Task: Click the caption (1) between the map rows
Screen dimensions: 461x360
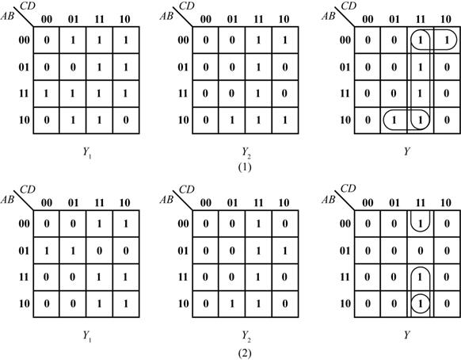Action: pyautogui.click(x=245, y=167)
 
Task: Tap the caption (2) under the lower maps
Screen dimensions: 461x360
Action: pyautogui.click(x=245, y=353)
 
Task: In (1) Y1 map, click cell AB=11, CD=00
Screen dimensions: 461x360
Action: pyautogui.click(x=47, y=94)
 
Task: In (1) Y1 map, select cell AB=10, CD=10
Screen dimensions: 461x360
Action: pyautogui.click(x=126, y=121)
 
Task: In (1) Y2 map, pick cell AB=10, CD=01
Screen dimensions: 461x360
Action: pyautogui.click(x=232, y=121)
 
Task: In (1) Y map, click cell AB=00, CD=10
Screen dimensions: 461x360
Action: pyautogui.click(x=447, y=40)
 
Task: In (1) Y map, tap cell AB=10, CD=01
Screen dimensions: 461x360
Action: pyautogui.click(x=394, y=121)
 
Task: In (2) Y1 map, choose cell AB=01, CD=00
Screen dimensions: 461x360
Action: pyautogui.click(x=47, y=251)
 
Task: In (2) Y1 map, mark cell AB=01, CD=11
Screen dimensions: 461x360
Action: pyautogui.click(x=99, y=251)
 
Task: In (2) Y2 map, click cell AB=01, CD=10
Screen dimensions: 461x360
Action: pyautogui.click(x=285, y=251)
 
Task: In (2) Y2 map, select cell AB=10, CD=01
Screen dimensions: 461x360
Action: pyautogui.click(x=232, y=304)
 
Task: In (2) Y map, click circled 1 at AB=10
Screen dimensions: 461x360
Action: pyautogui.click(x=421, y=304)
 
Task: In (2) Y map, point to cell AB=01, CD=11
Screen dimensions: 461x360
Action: pyautogui.click(x=421, y=251)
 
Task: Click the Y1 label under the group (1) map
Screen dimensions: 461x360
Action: pyautogui.click(x=87, y=152)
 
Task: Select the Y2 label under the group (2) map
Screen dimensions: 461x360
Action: pyautogui.click(x=246, y=336)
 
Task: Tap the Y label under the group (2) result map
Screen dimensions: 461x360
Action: pyautogui.click(x=407, y=335)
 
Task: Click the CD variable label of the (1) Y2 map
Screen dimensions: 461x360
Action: pyautogui.click(x=187, y=6)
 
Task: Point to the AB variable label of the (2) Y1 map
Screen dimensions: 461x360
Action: pyautogui.click(x=7, y=199)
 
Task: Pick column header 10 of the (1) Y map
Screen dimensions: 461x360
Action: pyautogui.click(x=445, y=20)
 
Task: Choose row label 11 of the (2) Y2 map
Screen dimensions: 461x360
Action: pyautogui.click(x=182, y=277)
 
